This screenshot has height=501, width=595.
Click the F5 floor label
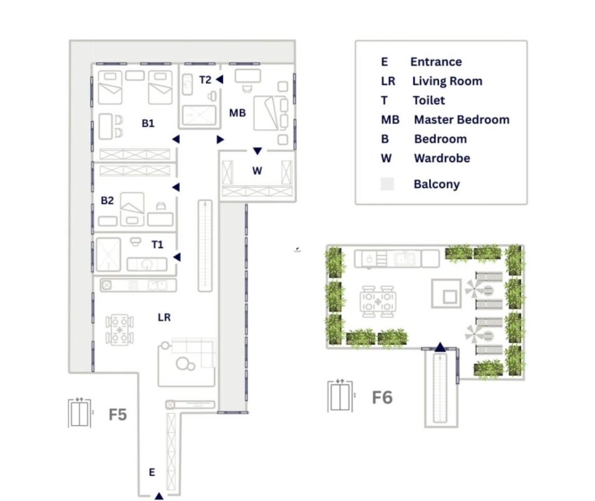118,415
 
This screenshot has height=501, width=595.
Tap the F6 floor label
382,398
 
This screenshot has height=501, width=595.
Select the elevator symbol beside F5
80,413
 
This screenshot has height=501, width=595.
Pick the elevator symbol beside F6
340,396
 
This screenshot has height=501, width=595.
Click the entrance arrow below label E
159,496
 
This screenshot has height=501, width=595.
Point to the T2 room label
205,80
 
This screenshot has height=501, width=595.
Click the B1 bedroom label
148,123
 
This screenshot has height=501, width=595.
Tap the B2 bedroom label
107,200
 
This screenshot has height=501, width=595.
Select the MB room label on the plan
237,113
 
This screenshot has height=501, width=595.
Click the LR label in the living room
164,318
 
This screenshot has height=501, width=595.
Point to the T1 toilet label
157,245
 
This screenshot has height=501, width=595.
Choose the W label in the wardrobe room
257,171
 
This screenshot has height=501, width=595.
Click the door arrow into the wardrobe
257,151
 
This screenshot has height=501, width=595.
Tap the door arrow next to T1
177,257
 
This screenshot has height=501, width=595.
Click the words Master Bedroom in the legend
462,120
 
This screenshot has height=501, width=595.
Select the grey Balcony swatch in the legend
387,184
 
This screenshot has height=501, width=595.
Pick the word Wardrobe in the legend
442,158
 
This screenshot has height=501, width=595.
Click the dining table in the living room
120,330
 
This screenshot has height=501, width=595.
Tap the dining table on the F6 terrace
378,302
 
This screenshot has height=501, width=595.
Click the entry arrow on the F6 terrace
440,347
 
